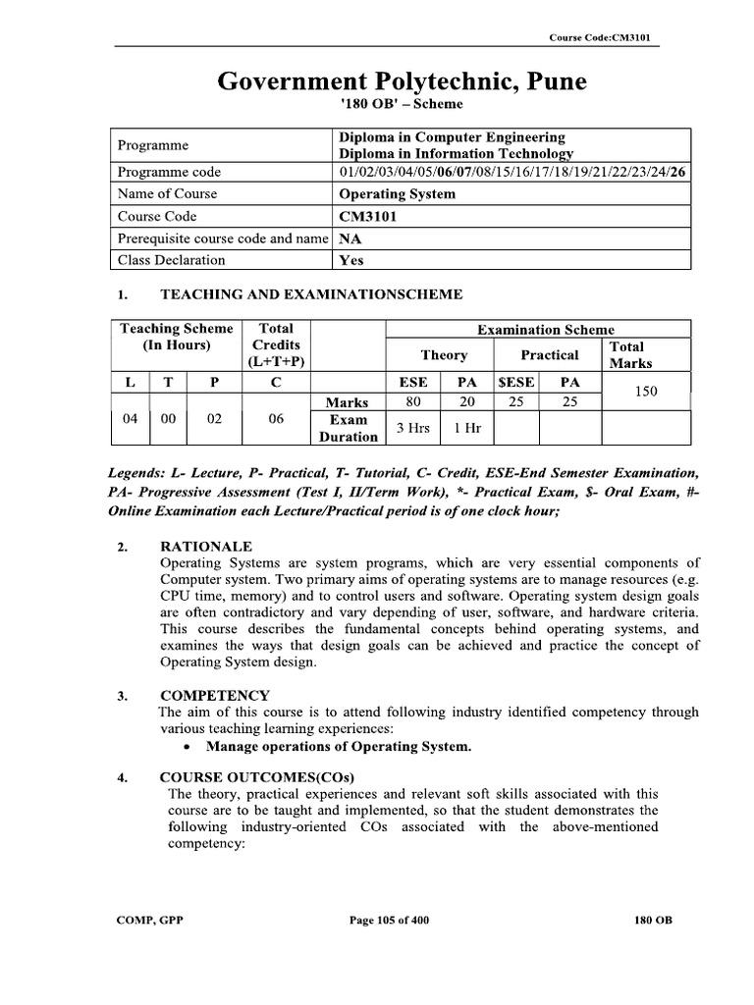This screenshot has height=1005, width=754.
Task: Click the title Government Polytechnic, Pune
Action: point(402,80)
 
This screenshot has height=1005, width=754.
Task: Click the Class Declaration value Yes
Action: point(350,261)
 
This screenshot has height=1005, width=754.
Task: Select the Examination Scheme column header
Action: point(545,330)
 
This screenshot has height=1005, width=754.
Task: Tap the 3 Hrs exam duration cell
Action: point(413,428)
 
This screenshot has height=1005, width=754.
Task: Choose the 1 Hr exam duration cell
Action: point(466,428)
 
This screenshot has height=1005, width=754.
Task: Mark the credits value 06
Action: point(276,418)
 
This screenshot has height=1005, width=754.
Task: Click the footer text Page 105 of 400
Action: point(389,921)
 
